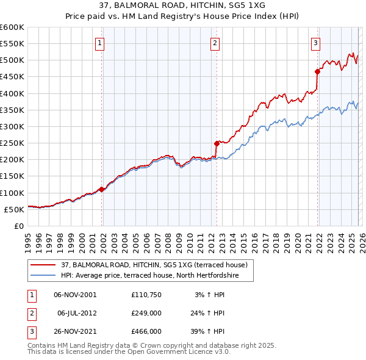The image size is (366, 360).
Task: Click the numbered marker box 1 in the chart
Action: click(x=99, y=43)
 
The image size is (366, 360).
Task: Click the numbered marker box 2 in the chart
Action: click(x=215, y=43)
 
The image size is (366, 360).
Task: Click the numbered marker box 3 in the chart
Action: click(x=315, y=43)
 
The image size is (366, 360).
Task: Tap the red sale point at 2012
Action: click(x=217, y=144)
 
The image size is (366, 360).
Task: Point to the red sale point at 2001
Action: click(x=101, y=189)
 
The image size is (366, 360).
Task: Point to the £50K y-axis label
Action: click(x=14, y=209)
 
